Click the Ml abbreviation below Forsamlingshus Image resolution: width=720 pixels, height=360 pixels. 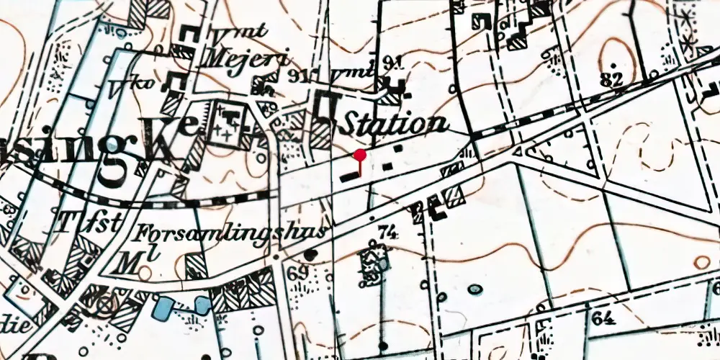[x=131, y=261]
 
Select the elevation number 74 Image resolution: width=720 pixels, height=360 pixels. [x=387, y=232]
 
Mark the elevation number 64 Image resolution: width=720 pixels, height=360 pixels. [x=603, y=317]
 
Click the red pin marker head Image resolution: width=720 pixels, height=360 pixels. [x=360, y=155]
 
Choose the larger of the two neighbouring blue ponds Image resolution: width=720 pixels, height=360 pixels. [x=163, y=308]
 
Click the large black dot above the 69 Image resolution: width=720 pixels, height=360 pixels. [x=310, y=255]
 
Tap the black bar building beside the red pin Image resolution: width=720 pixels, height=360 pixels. [x=349, y=174]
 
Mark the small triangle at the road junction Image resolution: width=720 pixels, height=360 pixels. [x=518, y=152]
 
